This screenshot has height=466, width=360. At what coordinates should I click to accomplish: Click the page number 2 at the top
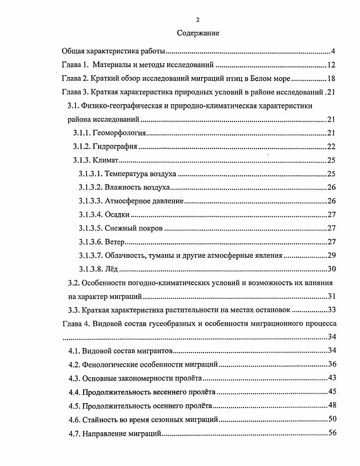point(198,20)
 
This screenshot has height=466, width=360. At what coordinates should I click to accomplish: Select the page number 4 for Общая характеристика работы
point(333,51)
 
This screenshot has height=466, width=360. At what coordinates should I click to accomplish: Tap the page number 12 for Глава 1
point(331,65)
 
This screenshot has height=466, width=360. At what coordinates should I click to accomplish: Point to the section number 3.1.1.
point(82,133)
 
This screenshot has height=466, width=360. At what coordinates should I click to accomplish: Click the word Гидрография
point(115,147)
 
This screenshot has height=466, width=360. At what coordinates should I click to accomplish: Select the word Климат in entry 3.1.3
point(105,160)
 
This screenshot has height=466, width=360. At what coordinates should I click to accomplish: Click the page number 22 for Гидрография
point(331,147)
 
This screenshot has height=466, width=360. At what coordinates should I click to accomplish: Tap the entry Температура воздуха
point(140,174)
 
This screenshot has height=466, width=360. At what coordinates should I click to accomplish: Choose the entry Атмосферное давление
point(144,201)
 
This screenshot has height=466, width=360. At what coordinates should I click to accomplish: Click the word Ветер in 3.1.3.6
point(115,242)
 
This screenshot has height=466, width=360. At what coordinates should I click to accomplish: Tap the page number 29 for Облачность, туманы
point(331,255)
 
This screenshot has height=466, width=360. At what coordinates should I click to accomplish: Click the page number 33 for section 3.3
point(331,310)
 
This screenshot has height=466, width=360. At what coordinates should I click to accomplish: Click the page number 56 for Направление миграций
point(331,433)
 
